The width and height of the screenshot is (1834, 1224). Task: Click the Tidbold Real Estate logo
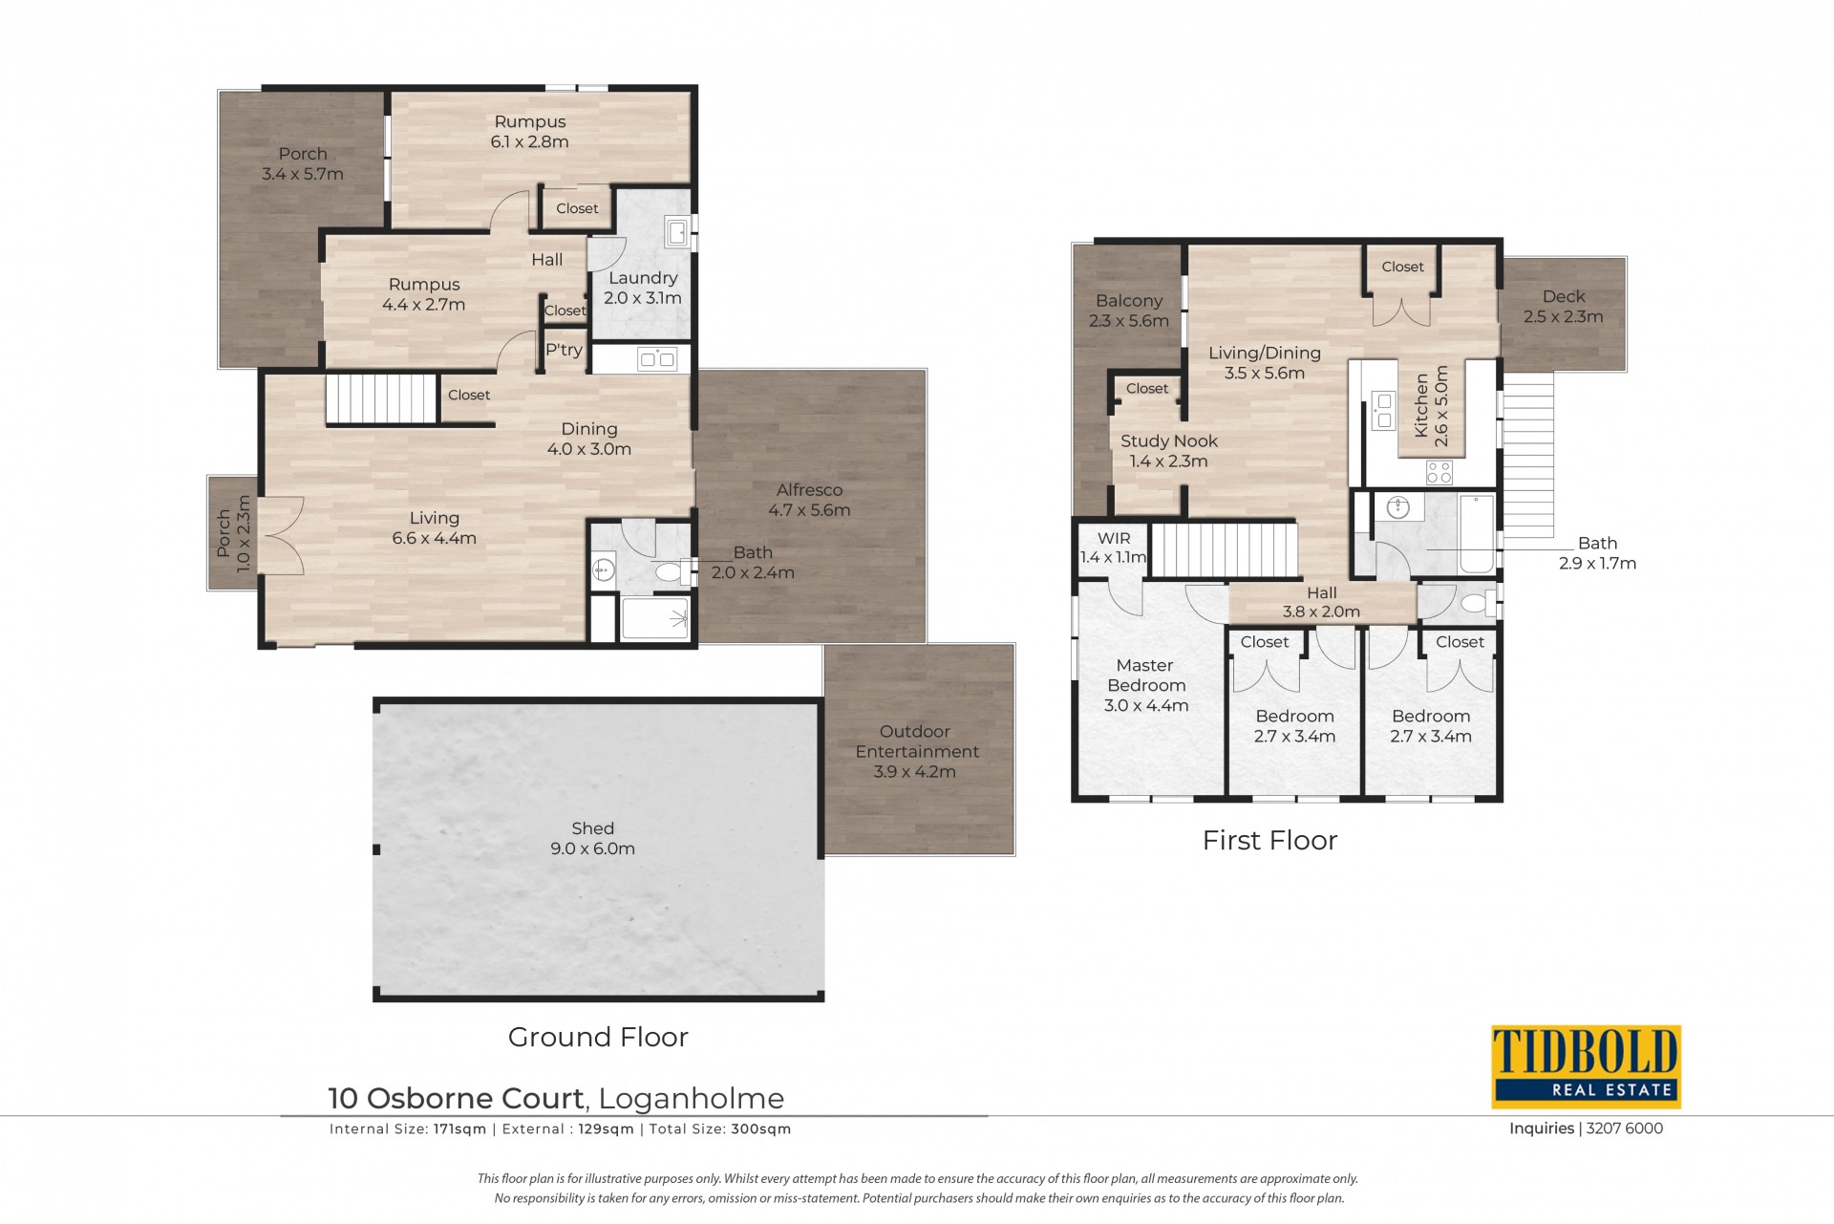click(x=1586, y=1066)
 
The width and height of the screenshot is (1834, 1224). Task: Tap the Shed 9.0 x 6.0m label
click(x=592, y=838)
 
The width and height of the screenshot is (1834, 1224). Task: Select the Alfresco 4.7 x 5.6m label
click(x=809, y=500)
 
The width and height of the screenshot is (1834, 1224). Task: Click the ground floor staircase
click(x=381, y=398)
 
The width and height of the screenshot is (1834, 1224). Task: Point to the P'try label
click(x=564, y=350)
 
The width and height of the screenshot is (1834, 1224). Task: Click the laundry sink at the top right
click(x=677, y=231)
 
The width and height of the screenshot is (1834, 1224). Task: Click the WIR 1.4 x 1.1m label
click(x=1114, y=548)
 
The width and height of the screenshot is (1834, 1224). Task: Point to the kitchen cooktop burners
click(x=1439, y=472)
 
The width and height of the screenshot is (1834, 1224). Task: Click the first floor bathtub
click(x=1476, y=533)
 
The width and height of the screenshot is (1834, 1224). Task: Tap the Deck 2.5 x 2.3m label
click(x=1563, y=306)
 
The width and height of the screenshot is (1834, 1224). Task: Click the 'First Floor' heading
click(x=1269, y=840)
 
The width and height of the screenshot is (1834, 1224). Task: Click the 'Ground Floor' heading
click(x=598, y=1037)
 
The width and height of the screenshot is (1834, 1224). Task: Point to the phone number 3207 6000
click(x=1624, y=1128)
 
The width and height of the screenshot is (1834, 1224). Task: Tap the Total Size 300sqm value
click(x=761, y=1128)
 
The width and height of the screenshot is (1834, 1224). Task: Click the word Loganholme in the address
click(x=692, y=1099)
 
